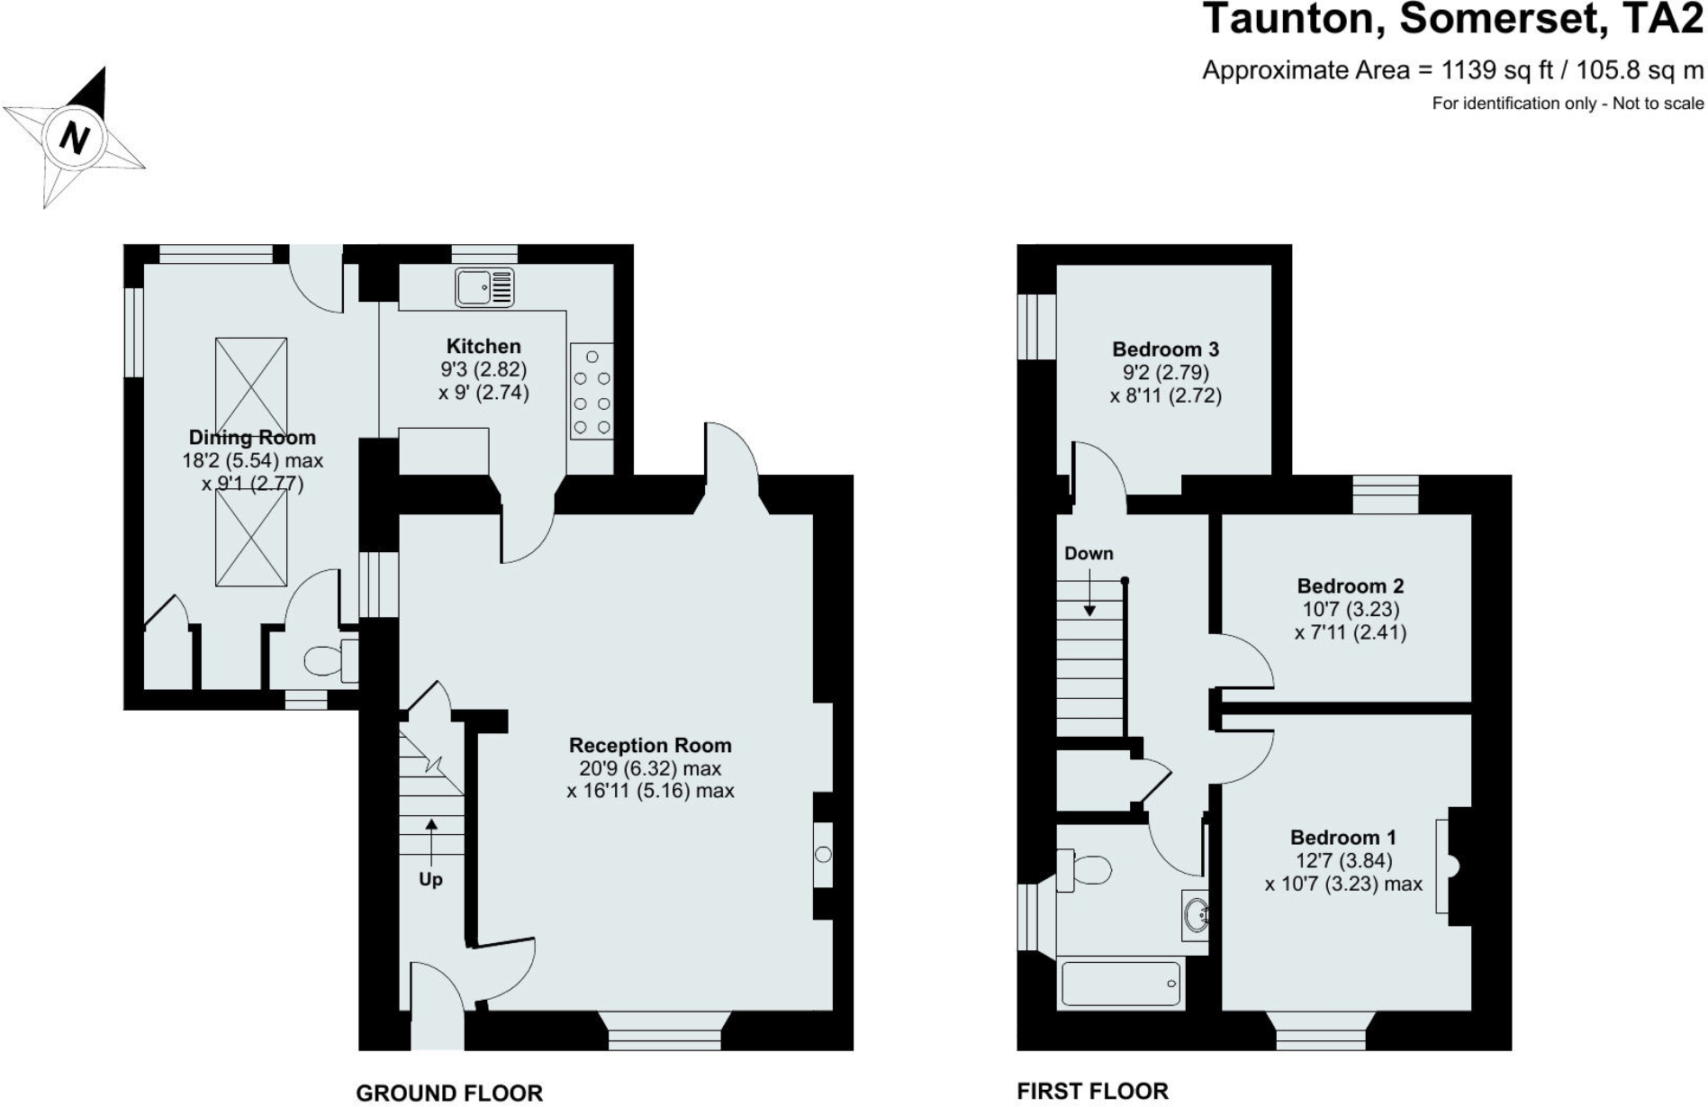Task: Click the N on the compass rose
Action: [x=75, y=138]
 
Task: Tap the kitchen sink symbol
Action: [x=484, y=287]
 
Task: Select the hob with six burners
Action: [x=592, y=391]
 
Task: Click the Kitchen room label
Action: [x=483, y=346]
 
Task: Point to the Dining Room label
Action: [x=252, y=438]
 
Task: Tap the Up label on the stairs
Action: [x=430, y=879]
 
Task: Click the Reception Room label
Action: [x=650, y=746]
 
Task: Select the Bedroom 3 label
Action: [x=1165, y=349]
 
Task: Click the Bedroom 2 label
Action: [x=1350, y=586]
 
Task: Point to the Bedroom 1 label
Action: [x=1342, y=838]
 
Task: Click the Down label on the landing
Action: [x=1089, y=554]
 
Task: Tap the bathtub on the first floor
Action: [x=1120, y=984]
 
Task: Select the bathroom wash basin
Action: [x=1197, y=915]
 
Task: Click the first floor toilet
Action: [x=1084, y=870]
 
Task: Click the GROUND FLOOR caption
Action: [x=449, y=1093]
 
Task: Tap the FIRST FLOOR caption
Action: [x=1092, y=1091]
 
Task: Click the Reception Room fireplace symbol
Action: [x=823, y=855]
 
